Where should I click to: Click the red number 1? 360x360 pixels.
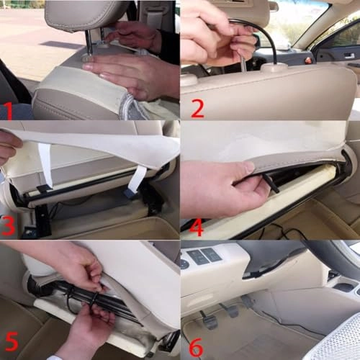click(8, 109)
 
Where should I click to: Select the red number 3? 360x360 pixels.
click(9, 225)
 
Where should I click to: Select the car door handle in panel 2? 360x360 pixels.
click(348, 55)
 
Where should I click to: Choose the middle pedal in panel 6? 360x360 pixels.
click(230, 310)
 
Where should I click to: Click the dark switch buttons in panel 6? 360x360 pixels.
click(205, 256)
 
